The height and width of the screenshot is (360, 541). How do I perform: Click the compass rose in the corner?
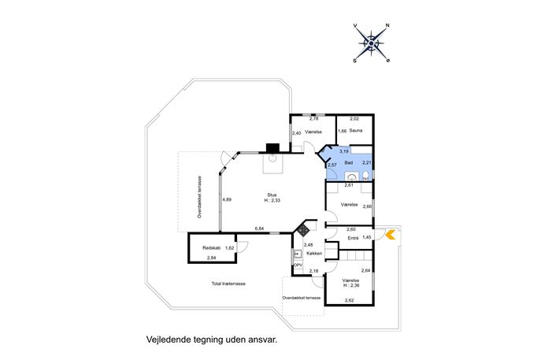[x=371, y=43]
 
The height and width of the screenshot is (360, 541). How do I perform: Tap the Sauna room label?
[x=356, y=131]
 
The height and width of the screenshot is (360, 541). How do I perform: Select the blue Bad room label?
[x=349, y=162]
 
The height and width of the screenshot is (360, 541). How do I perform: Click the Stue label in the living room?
[x=272, y=195]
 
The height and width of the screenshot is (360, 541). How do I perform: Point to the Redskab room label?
[x=212, y=248]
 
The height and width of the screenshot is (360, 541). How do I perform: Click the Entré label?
[x=353, y=238]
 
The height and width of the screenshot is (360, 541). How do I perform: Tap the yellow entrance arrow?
[x=391, y=235]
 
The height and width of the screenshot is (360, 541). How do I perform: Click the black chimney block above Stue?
[x=272, y=148]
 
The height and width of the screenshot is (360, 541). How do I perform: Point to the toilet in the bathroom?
[x=365, y=176]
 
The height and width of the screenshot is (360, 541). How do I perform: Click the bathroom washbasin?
[x=352, y=177]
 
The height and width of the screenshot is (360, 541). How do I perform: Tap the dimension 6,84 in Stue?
[x=259, y=228]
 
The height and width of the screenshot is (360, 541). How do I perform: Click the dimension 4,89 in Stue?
[x=227, y=199]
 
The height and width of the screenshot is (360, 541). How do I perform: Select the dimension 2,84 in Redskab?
[x=212, y=258]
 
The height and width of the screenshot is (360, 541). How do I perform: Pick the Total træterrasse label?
[x=228, y=284]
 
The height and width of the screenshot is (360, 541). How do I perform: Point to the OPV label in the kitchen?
[x=298, y=265]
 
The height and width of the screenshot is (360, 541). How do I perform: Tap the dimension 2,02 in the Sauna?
[x=354, y=119]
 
